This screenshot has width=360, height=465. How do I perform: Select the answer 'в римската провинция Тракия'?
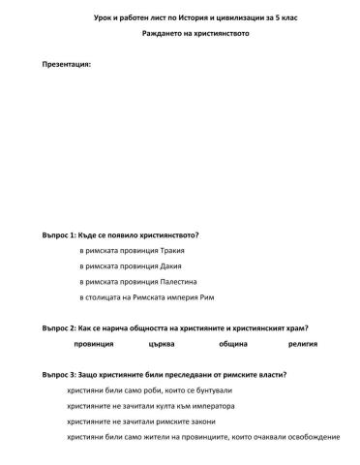point(133,250)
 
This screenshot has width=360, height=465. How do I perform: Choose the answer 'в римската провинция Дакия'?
point(130,264)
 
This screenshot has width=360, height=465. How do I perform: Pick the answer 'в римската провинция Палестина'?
point(138,281)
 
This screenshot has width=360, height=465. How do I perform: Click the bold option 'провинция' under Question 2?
point(94,344)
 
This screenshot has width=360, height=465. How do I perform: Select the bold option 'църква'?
point(162,344)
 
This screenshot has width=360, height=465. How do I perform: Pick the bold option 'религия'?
point(302,344)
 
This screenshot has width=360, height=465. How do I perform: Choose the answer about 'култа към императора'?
point(151,406)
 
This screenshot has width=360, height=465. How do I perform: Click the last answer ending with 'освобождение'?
point(203,437)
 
